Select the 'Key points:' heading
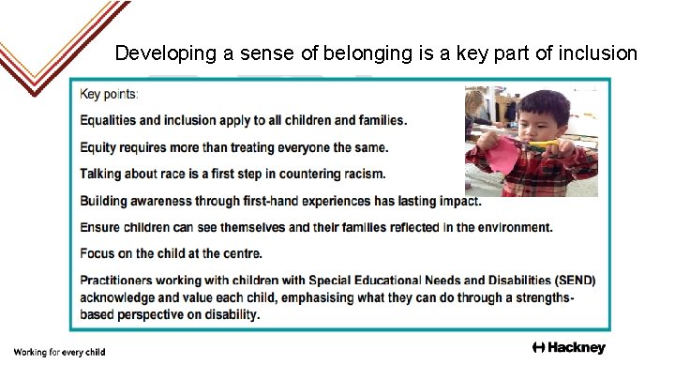click(x=109, y=94)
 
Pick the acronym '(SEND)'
click(x=572, y=281)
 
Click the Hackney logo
click(x=569, y=348)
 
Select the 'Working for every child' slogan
click(x=59, y=352)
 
